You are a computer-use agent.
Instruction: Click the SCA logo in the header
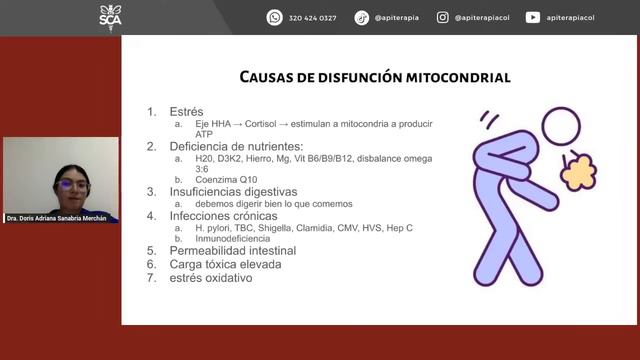pyautogui.click(x=110, y=17)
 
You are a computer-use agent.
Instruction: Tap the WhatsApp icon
pyautogui.click(x=274, y=17)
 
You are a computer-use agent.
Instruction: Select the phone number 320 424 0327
pyautogui.click(x=312, y=18)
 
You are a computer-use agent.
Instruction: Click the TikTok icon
pyautogui.click(x=362, y=17)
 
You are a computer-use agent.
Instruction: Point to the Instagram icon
pyautogui.click(x=442, y=17)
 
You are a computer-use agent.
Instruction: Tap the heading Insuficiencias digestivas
pyautogui.click(x=233, y=191)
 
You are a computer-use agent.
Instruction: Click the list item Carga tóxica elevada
pyautogui.click(x=221, y=265)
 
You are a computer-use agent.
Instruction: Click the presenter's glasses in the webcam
pyautogui.click(x=73, y=186)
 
